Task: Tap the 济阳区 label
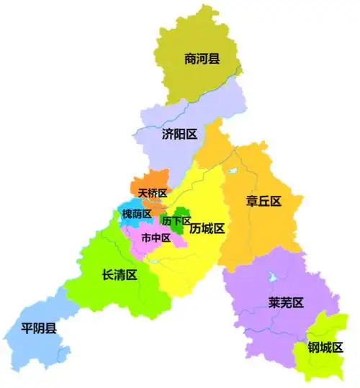[179, 134]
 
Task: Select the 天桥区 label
[153, 194]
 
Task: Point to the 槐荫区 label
[137, 214]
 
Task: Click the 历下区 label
[176, 220]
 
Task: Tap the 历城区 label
[208, 229]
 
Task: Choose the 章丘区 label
[263, 201]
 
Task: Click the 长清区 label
[120, 274]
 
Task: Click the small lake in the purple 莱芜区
[272, 276]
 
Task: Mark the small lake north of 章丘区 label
[233, 171]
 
